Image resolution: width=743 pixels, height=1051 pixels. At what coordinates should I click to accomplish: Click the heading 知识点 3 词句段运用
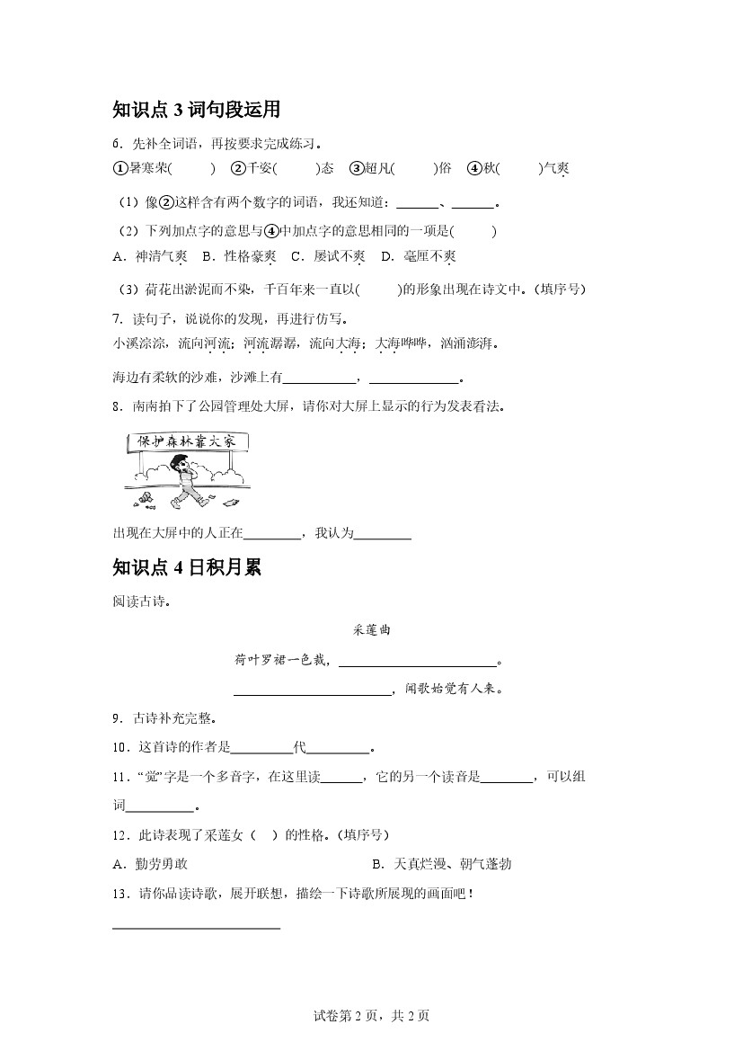[x=197, y=110]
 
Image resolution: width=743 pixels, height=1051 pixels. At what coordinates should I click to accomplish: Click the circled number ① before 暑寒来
[x=120, y=168]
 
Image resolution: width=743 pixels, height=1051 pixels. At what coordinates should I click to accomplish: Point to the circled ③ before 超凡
[x=356, y=168]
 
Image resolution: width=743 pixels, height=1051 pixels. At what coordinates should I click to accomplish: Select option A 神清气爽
[x=150, y=256]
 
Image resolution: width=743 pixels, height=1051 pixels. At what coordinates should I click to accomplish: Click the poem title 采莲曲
[x=371, y=630]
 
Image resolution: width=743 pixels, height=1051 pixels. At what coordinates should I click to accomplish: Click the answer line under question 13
[x=197, y=926]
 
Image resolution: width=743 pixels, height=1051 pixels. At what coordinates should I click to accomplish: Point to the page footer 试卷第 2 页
[x=371, y=1016]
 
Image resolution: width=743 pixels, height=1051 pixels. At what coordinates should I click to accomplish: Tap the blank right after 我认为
[x=383, y=539]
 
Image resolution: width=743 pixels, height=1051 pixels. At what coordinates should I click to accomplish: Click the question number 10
[x=119, y=747]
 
